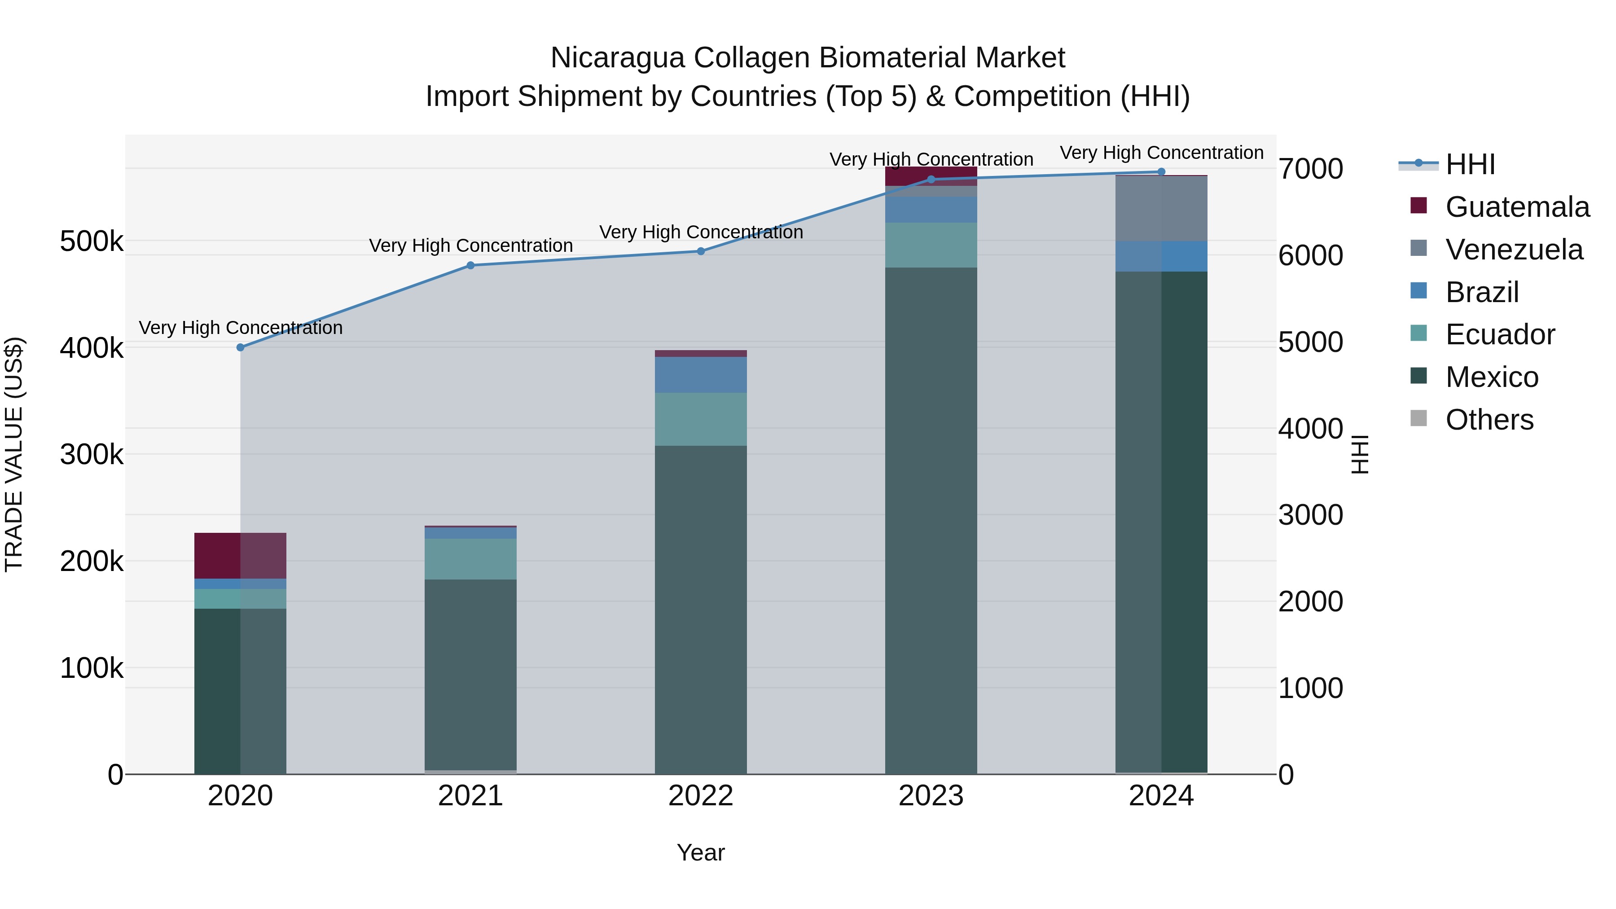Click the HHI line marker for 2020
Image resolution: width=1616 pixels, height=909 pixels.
pos(240,347)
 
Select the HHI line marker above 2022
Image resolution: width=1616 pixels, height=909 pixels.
pos(701,251)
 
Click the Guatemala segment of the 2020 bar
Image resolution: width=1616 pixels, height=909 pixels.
pos(240,555)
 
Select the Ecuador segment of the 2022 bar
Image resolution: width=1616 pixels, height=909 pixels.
pos(701,419)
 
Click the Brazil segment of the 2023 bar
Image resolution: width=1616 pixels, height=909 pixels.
pos(931,210)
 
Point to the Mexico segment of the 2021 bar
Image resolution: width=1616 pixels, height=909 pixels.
pos(470,674)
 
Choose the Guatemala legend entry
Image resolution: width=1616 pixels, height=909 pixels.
pos(1517,207)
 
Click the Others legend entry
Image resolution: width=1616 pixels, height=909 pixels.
pos(1489,420)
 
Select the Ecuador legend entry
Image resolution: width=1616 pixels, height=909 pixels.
pos(1500,334)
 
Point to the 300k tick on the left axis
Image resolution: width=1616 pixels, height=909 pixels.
pos(92,454)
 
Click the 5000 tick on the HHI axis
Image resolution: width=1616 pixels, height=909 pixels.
pos(1310,343)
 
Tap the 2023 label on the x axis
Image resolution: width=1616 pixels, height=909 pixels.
pos(931,796)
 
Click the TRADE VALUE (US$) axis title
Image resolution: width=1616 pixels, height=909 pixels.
pos(14,454)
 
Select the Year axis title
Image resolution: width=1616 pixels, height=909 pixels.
pos(701,852)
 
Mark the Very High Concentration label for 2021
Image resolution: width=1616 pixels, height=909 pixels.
pos(470,245)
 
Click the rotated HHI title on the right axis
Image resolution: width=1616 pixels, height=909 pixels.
pos(1359,454)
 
